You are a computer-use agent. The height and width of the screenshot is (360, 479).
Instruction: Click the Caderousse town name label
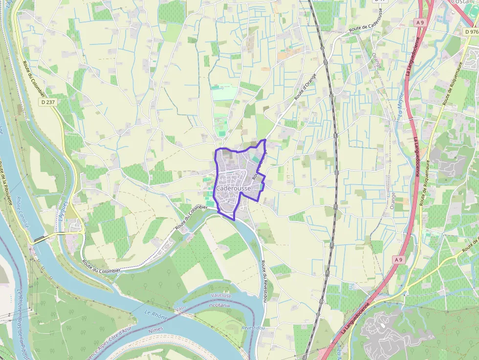click(234, 189)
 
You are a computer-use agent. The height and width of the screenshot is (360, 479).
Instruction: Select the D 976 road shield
click(471, 31)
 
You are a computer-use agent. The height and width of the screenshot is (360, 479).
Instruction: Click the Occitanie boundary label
click(219, 305)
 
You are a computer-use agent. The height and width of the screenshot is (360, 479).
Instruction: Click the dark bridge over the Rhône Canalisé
click(39, 239)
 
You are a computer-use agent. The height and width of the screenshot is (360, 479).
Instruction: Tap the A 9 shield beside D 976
click(420, 22)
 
